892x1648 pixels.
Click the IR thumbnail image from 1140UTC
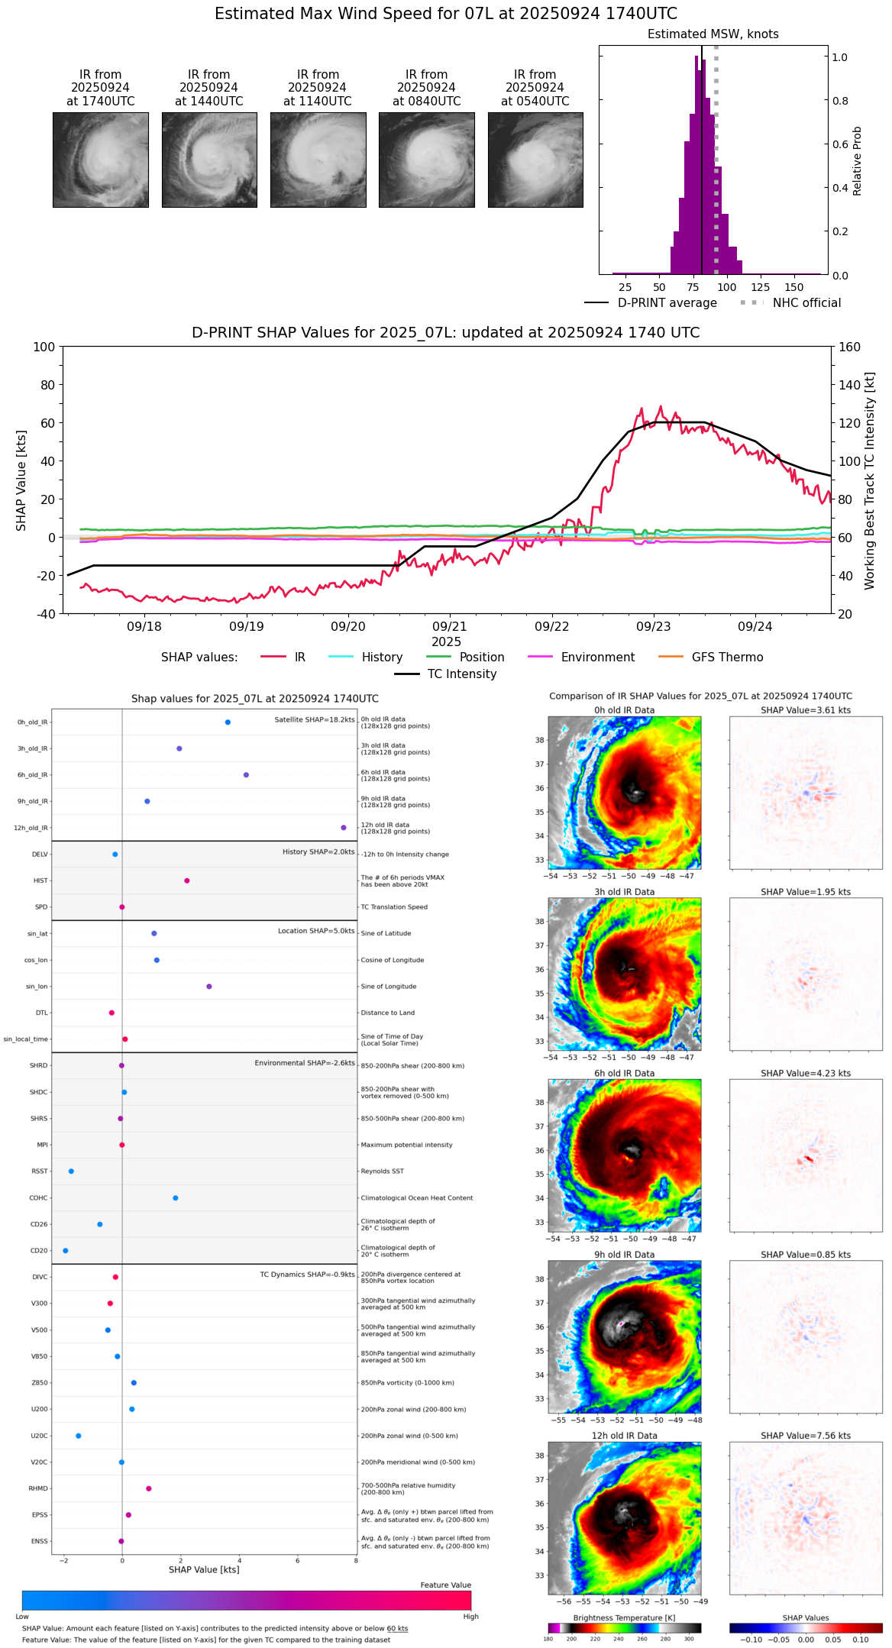(318, 160)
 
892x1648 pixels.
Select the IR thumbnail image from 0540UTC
(535, 160)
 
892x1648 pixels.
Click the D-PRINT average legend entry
(651, 303)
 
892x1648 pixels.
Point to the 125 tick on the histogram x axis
(760, 287)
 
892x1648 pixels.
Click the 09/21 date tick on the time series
(450, 626)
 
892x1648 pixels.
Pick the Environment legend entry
(581, 658)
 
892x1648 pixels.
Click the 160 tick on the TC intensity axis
(849, 347)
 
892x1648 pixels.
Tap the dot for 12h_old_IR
(344, 828)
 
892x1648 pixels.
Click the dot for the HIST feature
(187, 881)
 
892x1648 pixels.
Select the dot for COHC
(176, 1197)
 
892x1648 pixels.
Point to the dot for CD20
(66, 1250)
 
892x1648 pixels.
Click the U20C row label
(39, 1436)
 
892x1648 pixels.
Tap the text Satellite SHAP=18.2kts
(315, 719)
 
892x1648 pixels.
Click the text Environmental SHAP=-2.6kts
(305, 1063)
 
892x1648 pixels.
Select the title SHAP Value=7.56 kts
(806, 1436)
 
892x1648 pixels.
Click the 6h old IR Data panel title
(624, 1073)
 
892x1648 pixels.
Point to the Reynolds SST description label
(382, 1171)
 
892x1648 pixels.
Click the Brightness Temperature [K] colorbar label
(624, 1617)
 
